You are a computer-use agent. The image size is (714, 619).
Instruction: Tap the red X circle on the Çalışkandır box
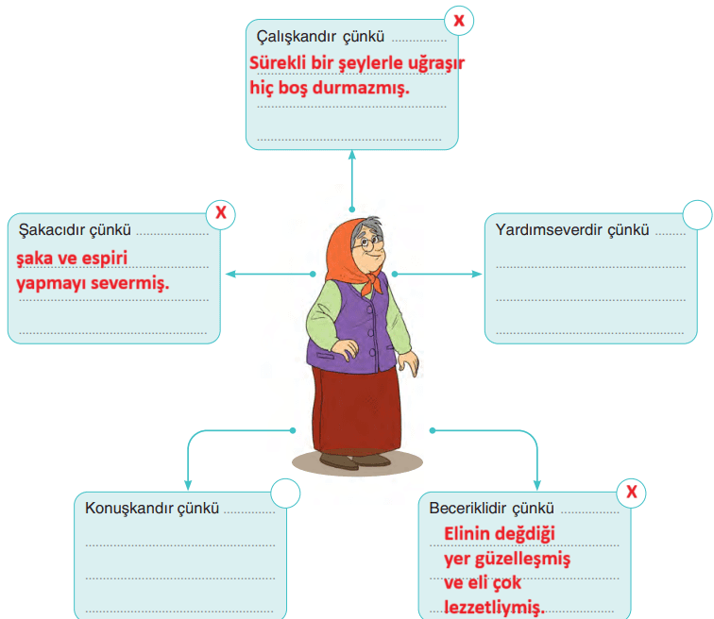pos(459,18)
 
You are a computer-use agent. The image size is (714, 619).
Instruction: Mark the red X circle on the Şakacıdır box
pos(221,212)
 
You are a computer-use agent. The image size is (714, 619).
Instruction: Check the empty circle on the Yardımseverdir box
pos(697,213)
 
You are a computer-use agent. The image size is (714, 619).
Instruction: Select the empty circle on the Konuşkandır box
pos(285,494)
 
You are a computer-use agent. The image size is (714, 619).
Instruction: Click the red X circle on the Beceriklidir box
pos(632,492)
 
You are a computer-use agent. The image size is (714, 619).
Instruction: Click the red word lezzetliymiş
pos(494,607)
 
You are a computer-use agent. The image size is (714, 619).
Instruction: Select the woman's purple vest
pos(349,326)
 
